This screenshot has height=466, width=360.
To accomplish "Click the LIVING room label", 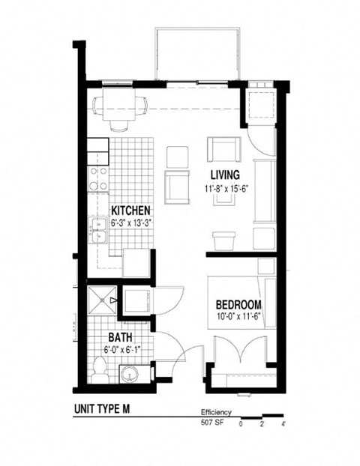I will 225,175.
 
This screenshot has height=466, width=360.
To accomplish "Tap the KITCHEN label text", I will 131,211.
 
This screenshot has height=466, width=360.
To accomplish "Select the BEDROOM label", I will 238,305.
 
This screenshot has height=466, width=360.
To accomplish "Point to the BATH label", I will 121,338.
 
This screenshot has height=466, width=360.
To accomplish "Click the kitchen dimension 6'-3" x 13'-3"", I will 131,223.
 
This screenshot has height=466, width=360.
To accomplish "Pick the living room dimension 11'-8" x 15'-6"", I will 225,189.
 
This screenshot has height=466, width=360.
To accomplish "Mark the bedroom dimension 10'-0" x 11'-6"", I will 238,318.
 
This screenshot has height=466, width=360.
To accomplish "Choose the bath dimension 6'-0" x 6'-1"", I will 121,351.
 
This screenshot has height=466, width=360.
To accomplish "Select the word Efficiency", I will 216,413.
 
